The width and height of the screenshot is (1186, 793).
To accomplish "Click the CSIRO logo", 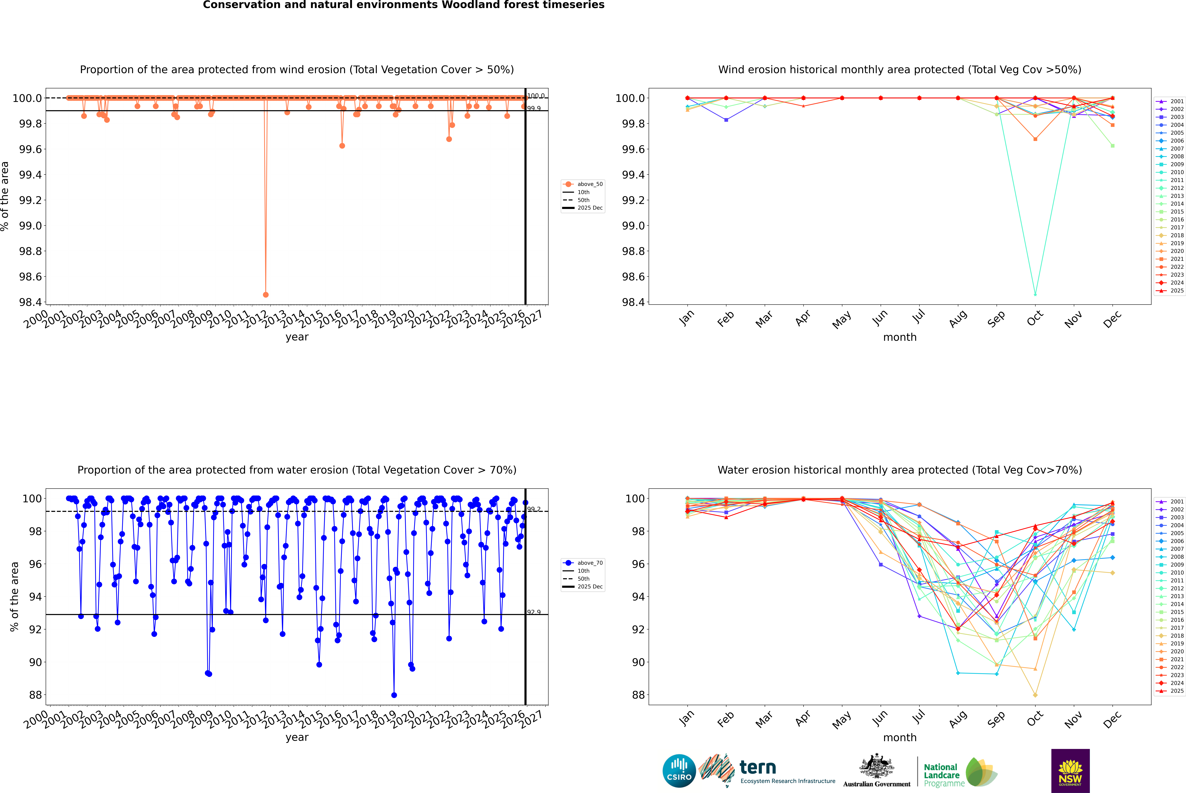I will click(679, 771).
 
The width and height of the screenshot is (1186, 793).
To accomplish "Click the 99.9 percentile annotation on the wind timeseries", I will click(534, 108).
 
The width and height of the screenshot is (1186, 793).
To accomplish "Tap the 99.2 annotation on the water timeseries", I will click(534, 509).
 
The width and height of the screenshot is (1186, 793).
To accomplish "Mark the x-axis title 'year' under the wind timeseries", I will click(297, 337).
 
